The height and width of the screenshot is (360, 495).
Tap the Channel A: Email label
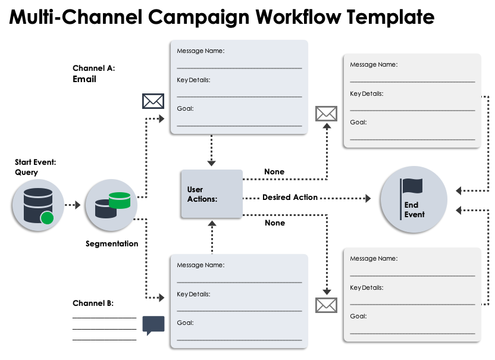click(93, 73)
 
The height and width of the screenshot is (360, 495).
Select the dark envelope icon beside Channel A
click(153, 101)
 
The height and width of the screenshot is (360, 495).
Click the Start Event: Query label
click(36, 167)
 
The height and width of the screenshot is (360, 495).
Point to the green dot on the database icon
click(47, 218)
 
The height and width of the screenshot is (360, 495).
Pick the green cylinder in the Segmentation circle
click(119, 200)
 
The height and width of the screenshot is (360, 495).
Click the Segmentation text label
click(112, 243)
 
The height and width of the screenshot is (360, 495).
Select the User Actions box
click(212, 194)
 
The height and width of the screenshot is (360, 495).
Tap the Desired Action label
click(290, 197)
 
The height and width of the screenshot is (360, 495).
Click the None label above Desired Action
click(274, 172)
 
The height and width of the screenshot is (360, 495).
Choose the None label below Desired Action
click(274, 223)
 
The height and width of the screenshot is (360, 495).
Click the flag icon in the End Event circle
click(412, 187)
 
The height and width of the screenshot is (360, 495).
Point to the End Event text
click(415, 209)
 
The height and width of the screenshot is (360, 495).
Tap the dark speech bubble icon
click(153, 325)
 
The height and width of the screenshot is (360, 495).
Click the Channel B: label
click(93, 303)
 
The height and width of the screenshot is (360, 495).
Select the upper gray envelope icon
click(326, 114)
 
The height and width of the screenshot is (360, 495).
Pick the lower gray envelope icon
click(326, 305)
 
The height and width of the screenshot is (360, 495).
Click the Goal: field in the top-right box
click(358, 122)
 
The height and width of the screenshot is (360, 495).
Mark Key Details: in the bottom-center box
click(193, 294)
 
